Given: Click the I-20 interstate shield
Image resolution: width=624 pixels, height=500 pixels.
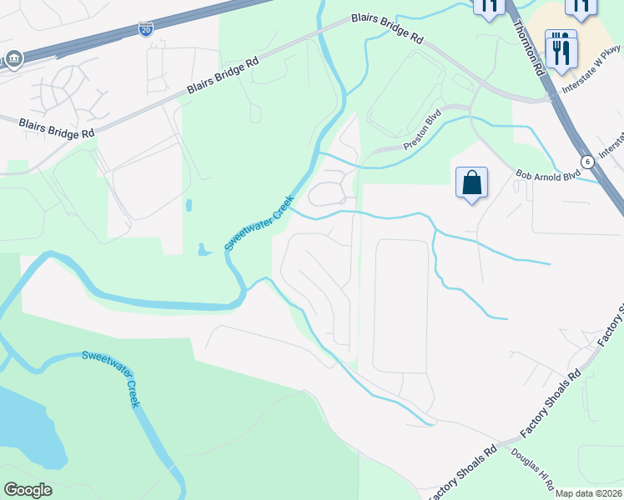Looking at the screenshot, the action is [145, 30].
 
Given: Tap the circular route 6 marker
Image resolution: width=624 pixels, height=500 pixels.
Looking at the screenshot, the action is [588, 161].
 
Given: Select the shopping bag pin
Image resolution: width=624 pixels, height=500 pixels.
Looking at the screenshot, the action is [471, 182].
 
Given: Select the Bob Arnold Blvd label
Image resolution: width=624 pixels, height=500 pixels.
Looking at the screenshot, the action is [547, 177].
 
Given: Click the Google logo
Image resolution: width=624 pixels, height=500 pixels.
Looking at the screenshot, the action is [28, 490].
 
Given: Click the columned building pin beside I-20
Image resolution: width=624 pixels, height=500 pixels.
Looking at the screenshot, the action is [14, 58].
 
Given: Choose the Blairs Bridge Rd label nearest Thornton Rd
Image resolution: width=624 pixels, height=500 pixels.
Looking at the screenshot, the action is [387, 27].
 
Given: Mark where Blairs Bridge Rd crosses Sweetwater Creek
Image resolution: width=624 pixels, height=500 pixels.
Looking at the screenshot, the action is [321, 32].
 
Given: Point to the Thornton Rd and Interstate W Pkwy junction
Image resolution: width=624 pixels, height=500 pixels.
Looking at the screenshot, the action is [550, 96].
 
